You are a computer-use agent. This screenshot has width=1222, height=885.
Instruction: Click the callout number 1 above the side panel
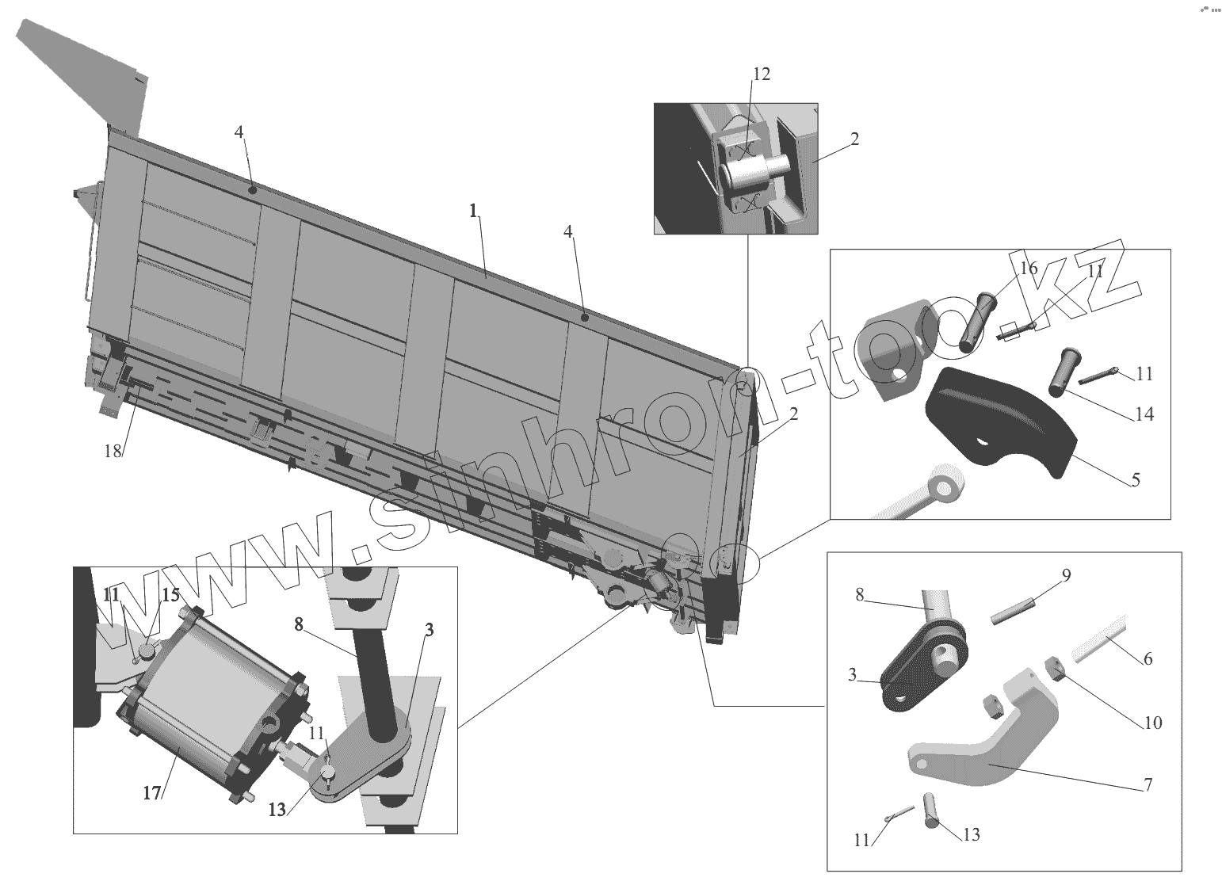tap(473, 212)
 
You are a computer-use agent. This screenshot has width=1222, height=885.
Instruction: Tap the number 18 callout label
tap(113, 450)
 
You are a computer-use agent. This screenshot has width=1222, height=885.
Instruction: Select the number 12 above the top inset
tap(761, 74)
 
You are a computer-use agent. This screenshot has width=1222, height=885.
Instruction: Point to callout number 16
tap(1028, 268)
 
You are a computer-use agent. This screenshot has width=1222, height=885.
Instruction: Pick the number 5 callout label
tap(1135, 479)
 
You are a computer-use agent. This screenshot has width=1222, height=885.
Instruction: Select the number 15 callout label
tap(171, 594)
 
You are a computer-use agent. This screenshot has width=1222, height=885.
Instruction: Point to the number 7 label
tap(1148, 784)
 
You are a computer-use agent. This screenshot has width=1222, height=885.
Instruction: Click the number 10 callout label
tap(1152, 723)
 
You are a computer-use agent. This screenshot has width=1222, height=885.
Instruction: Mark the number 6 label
tap(1147, 658)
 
